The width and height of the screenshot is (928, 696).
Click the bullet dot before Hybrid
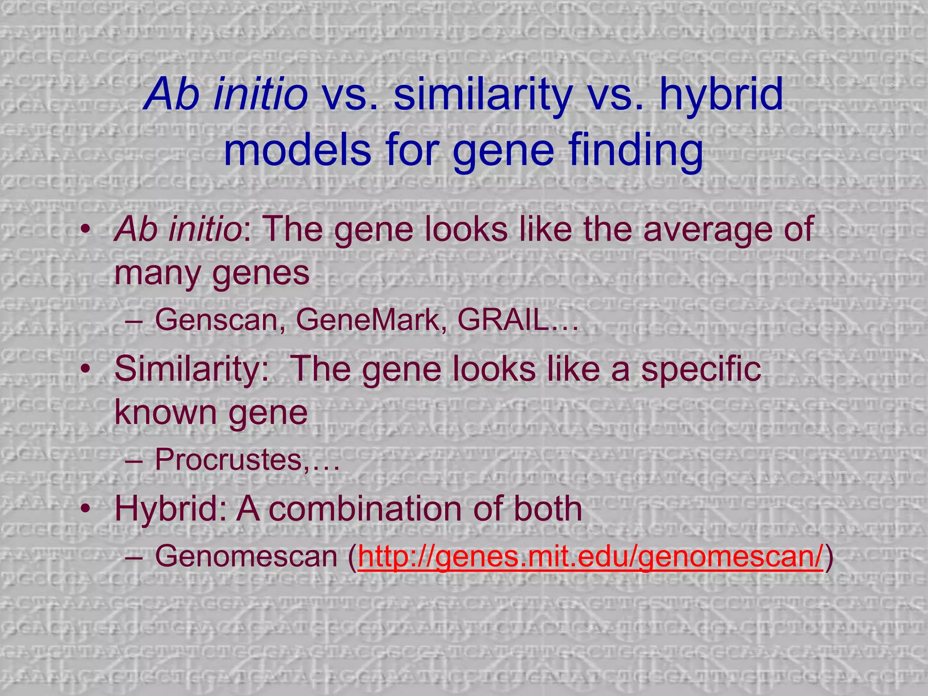[x=85, y=510]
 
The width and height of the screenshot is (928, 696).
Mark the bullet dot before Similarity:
[x=85, y=370]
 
